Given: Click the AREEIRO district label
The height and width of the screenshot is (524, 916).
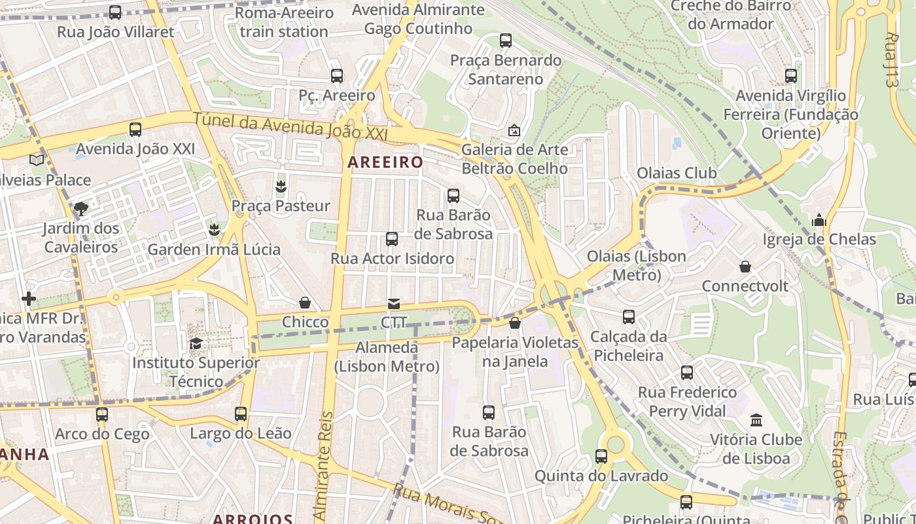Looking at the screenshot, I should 385,162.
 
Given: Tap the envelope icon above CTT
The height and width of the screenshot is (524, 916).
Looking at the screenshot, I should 394,303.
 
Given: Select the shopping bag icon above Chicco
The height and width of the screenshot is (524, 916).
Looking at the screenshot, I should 305,303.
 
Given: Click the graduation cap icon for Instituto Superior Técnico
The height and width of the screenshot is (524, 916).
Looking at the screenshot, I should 196,343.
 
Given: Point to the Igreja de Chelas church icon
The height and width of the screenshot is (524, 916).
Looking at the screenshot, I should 819,221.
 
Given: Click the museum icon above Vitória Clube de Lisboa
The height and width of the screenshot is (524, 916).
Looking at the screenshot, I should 756,420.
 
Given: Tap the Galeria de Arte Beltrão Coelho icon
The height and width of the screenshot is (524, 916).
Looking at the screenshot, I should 514,131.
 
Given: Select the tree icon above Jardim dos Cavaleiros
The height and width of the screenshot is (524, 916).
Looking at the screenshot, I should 81,209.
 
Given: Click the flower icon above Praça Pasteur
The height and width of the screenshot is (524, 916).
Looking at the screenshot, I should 281,187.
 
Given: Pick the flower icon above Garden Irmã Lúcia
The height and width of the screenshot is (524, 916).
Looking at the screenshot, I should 213,230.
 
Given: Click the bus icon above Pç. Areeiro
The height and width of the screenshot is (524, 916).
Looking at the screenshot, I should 337,76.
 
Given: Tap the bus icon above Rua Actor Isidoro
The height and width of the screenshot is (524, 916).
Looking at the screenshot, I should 392,239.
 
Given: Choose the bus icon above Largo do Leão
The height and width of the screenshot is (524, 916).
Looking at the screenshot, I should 241,414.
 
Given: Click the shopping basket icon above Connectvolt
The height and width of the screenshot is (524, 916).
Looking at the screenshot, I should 745,267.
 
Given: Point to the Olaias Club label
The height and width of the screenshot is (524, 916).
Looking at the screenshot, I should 677,173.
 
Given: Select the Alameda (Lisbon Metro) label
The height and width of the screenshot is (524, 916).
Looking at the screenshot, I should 387,357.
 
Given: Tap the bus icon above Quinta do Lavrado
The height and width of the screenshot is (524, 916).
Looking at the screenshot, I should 601,457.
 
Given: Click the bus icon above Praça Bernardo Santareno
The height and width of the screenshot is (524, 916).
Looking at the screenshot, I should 506,41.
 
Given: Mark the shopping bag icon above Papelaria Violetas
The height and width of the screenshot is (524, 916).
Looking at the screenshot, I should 515,323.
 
